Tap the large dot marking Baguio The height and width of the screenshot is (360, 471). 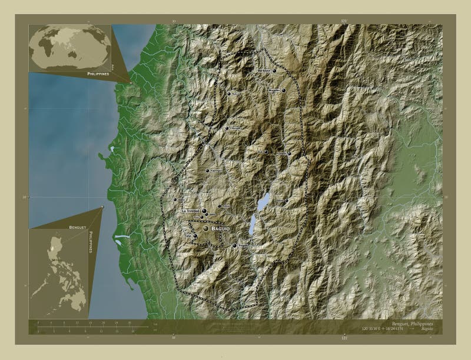click(x=205, y=228)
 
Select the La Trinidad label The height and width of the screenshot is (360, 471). click(x=191, y=211)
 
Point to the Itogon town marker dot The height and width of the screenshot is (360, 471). click(x=234, y=245)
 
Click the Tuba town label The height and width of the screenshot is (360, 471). click(x=188, y=235)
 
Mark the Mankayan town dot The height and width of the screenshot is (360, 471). click(x=274, y=71)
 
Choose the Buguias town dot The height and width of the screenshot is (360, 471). click(x=283, y=91)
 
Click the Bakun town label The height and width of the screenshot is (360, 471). click(x=236, y=94)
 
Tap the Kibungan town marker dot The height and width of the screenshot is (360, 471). click(x=227, y=128)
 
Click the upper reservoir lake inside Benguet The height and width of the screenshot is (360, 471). click(x=263, y=202)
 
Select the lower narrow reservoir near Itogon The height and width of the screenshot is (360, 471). click(x=252, y=224)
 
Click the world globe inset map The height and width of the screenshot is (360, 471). click(x=70, y=48)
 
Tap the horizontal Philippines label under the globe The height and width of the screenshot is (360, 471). click(x=98, y=75)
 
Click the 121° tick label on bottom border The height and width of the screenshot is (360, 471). click(x=344, y=338)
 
